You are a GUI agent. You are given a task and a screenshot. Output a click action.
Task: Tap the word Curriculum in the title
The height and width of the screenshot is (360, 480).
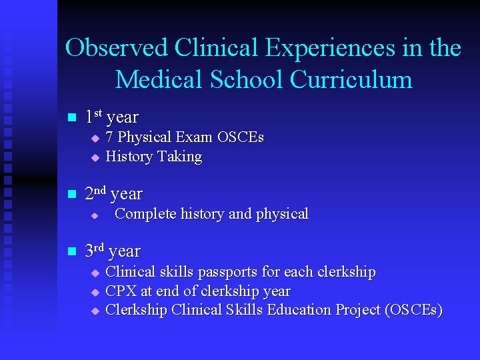pyautogui.click(x=351, y=79)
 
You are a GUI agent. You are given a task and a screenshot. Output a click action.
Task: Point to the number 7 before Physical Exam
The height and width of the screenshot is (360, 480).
pyautogui.click(x=110, y=137)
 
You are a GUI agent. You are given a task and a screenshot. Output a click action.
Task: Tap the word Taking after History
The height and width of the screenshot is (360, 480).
pyautogui.click(x=179, y=157)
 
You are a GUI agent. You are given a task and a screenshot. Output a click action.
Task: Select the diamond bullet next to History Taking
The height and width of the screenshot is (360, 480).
pyautogui.click(x=95, y=158)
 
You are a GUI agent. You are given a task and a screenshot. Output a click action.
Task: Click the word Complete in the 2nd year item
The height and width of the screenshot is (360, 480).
pyautogui.click(x=141, y=214)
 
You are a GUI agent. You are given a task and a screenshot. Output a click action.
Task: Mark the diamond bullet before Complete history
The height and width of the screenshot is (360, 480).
pyautogui.click(x=95, y=215)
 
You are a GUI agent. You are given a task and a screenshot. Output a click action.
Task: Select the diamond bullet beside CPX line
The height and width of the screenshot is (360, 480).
pyautogui.click(x=95, y=292)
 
